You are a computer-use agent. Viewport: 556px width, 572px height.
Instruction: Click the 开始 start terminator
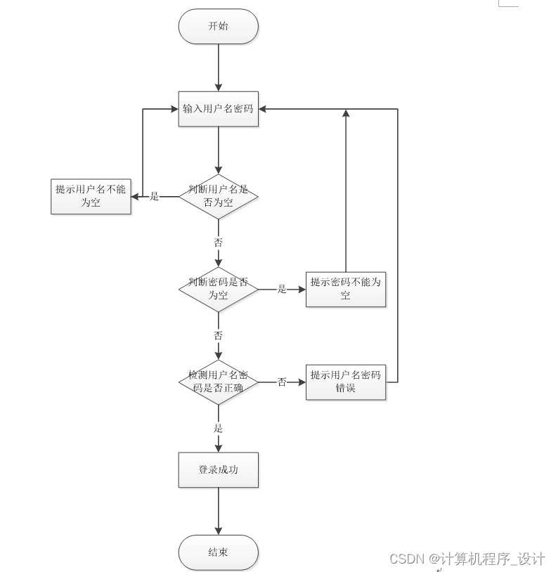pyautogui.click(x=218, y=27)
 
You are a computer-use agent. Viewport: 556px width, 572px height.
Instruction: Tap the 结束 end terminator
pyautogui.click(x=218, y=552)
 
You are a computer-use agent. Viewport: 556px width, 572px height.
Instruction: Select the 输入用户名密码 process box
pyautogui.click(x=218, y=109)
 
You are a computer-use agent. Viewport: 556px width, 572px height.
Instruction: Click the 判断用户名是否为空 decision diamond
pyautogui.click(x=218, y=196)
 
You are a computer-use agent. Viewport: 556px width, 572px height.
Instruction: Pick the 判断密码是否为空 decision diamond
pyautogui.click(x=218, y=289)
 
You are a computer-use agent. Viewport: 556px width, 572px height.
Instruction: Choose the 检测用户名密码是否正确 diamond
pyautogui.click(x=218, y=382)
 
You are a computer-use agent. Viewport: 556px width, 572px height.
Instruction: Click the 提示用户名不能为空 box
pyautogui.click(x=91, y=196)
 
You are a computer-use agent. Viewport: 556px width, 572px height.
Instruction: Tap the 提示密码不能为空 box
pyautogui.click(x=345, y=289)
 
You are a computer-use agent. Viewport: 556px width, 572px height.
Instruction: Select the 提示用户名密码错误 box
pyautogui.click(x=345, y=382)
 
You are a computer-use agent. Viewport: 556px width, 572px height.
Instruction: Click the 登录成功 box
pyautogui.click(x=218, y=469)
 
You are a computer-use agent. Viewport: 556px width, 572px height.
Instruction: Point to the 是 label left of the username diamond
pyautogui.click(x=155, y=197)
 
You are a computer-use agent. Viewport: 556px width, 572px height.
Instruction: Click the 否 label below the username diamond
pyautogui.click(x=218, y=242)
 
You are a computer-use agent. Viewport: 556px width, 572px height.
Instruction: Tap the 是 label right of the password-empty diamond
pyautogui.click(x=282, y=289)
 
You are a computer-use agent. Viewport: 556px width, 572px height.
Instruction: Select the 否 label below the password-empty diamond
pyautogui.click(x=218, y=335)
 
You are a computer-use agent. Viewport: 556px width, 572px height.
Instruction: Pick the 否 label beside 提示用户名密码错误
pyautogui.click(x=282, y=382)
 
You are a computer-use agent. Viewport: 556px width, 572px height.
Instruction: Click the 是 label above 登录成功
pyautogui.click(x=218, y=428)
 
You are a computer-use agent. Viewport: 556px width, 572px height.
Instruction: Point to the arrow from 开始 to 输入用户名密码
pyautogui.click(x=218, y=67)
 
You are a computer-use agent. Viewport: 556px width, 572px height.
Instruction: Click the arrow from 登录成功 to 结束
pyautogui.click(x=218, y=511)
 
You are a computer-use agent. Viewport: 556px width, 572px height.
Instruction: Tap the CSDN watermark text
pyautogui.click(x=467, y=559)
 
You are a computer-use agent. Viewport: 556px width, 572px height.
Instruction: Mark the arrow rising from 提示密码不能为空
pyautogui.click(x=345, y=190)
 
